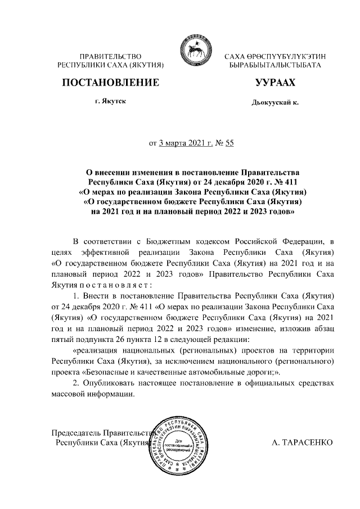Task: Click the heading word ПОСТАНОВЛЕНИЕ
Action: (x=110, y=83)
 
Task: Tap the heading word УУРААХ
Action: (x=274, y=83)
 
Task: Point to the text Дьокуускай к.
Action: (x=275, y=103)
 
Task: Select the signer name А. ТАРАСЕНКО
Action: (x=302, y=443)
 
